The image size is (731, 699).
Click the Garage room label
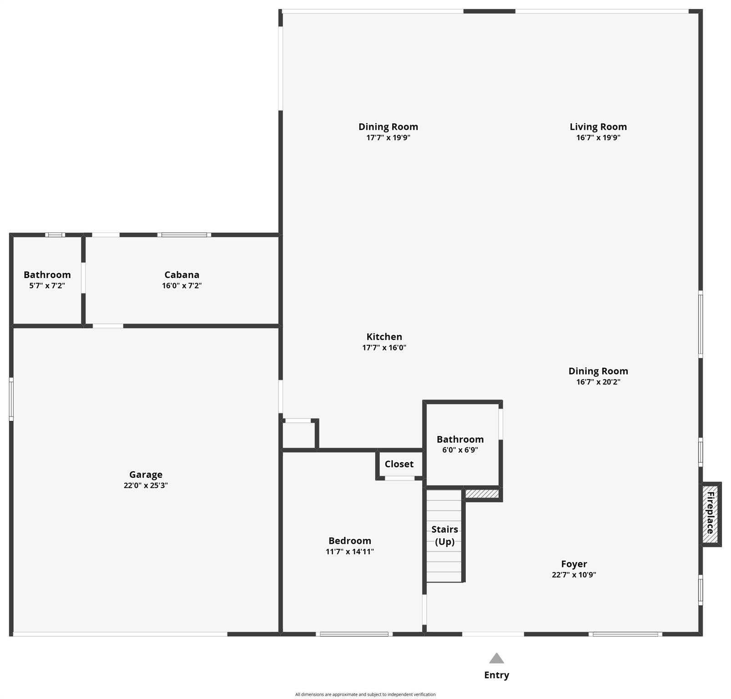coord(146,475)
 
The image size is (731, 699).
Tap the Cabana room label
coord(182,275)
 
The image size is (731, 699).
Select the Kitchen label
coord(384,337)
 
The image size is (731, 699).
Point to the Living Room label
coord(598,127)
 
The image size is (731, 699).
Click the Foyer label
coord(574,564)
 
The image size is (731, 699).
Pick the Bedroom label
coord(350,541)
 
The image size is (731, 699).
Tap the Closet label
coord(399,464)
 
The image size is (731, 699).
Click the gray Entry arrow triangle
coord(497,658)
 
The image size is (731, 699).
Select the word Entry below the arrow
coord(497,675)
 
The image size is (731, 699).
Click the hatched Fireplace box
coord(710,514)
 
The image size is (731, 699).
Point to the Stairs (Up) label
coord(445,535)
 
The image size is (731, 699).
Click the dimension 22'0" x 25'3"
coord(146,486)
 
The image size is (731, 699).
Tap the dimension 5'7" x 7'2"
coord(47,286)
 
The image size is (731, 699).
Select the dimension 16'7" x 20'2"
coord(598,382)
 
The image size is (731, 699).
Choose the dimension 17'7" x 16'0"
coord(384,348)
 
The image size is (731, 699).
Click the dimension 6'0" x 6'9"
coord(460,450)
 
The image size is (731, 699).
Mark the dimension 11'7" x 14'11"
coord(350,552)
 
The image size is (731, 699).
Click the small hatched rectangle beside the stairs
coord(482,494)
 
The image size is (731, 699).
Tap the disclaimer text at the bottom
coord(365,694)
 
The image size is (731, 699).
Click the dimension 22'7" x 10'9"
coord(574,575)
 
